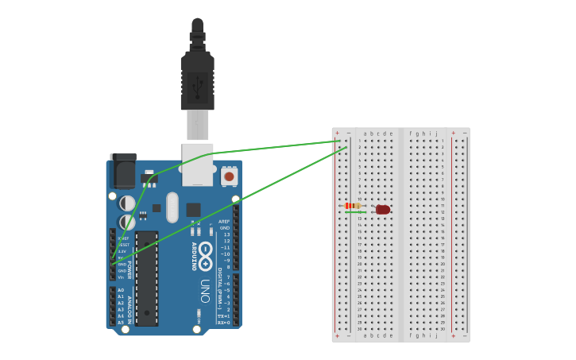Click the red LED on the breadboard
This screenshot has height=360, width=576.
coord(383,210)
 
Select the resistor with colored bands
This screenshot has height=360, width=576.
coord(354,206)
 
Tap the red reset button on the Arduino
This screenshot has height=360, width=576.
coord(229,176)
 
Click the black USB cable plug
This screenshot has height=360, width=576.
coord(197,79)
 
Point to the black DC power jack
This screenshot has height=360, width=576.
coord(123,170)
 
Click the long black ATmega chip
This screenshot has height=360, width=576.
coord(146,278)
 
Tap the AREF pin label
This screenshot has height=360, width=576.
coord(224,222)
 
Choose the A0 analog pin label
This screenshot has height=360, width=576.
coord(121,290)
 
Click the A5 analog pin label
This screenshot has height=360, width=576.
coord(121,322)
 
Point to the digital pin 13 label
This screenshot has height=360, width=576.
coord(226,234)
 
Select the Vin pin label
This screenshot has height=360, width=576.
coord(122,277)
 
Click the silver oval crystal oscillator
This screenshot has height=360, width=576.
coord(172,207)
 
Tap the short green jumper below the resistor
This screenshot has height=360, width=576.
coord(354,212)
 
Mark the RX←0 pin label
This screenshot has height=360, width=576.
coord(224,323)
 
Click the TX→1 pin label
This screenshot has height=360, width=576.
coord(224,316)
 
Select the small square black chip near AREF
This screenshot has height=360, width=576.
coord(193,210)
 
